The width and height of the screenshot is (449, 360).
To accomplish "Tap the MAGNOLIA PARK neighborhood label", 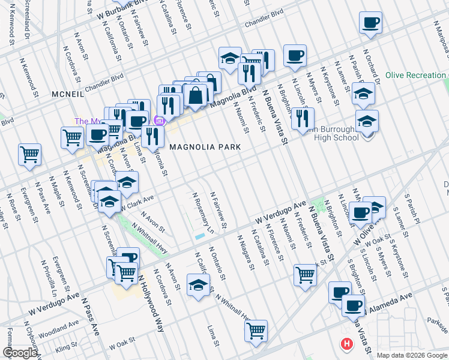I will pyautogui.click(x=205, y=147).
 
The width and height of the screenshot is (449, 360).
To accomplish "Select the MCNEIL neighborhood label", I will pyautogui.click(x=71, y=94).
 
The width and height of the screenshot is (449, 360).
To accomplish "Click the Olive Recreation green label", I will pyautogui.click(x=416, y=75).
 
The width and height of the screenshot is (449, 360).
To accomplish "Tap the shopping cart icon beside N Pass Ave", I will pyautogui.click(x=29, y=155).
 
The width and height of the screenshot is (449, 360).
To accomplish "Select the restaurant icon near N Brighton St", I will pyautogui.click(x=303, y=117).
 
